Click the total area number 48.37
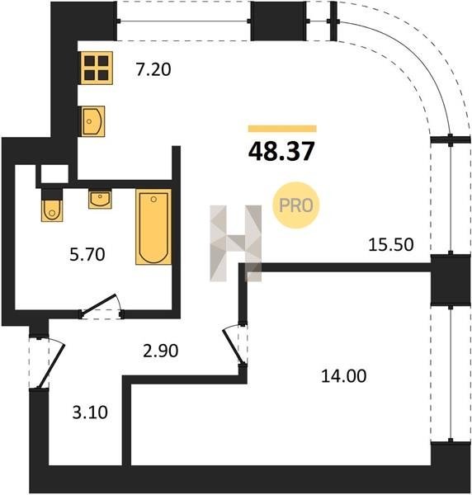coord(281,151)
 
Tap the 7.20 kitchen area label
coord(153,69)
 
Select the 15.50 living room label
coord(391,245)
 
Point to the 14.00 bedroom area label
coord(343,376)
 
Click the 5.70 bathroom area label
coord(87,254)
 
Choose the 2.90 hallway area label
coord(160,351)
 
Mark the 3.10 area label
coord(90,412)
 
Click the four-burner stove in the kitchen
coord(97,68)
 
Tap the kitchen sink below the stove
coord(92,121)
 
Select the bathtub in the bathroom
coord(153,227)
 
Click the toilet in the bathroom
coord(52,205)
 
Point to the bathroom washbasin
coord(100,199)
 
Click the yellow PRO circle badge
coord(296,205)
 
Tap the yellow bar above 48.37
coord(282,129)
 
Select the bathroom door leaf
coord(98,304)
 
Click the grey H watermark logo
coord(236,243)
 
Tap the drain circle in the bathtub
coord(153,199)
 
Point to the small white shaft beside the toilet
coord(54,173)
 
